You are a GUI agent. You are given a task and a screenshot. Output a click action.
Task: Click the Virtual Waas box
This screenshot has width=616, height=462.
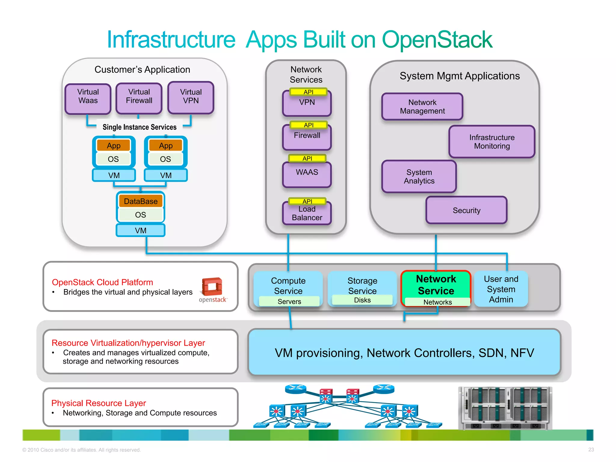point(88,99)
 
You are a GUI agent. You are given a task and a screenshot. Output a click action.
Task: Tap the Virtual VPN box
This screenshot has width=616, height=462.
point(191,98)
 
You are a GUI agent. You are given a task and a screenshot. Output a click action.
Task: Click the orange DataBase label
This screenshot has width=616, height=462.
point(140,201)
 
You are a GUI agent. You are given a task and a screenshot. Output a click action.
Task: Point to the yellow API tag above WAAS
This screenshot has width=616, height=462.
point(307,158)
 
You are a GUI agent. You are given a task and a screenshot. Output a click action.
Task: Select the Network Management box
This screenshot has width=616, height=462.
point(422,106)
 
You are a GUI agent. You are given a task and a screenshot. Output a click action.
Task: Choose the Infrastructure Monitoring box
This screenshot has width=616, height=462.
point(492,142)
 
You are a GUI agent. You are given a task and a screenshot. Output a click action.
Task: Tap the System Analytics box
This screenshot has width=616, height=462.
point(419,177)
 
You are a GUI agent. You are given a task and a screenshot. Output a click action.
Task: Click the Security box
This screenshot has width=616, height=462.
point(466,210)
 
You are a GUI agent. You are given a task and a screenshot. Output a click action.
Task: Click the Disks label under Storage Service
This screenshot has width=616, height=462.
point(362,300)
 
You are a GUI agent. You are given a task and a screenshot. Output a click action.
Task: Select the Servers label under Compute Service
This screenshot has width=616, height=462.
point(289,301)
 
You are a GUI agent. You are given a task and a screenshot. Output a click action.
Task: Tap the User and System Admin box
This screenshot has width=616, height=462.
point(501,289)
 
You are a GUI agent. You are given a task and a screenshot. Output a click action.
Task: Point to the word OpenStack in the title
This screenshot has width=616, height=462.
point(437,40)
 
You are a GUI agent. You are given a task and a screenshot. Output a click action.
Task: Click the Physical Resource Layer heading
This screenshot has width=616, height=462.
point(99,403)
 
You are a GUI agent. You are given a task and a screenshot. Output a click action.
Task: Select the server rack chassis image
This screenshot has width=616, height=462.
point(505,408)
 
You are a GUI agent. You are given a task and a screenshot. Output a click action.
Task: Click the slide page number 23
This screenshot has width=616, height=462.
point(591,449)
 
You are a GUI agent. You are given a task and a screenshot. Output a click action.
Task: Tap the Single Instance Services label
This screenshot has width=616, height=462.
point(140,127)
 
